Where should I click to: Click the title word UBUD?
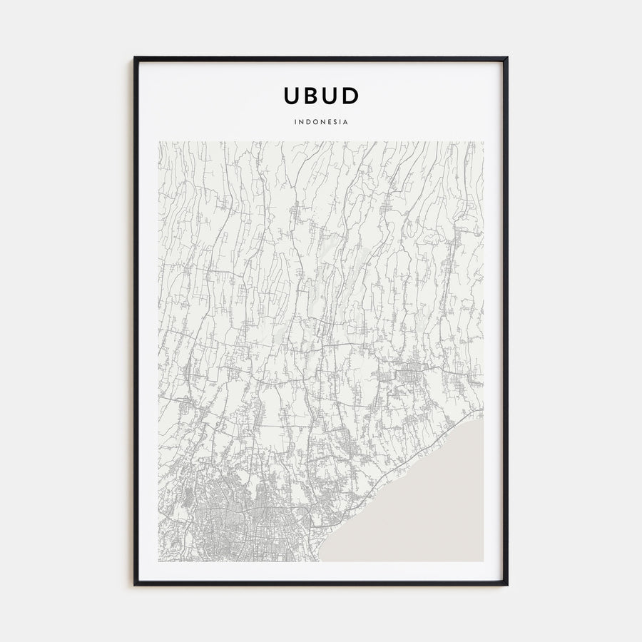[x=321, y=96]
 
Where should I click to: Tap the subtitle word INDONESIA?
[x=321, y=122]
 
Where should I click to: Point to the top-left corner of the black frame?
[x=135, y=58]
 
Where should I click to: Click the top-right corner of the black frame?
[x=506, y=58]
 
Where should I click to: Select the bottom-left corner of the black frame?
[x=135, y=584]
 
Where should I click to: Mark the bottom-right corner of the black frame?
[x=506, y=584]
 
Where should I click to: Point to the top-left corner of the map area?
[x=159, y=142]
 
